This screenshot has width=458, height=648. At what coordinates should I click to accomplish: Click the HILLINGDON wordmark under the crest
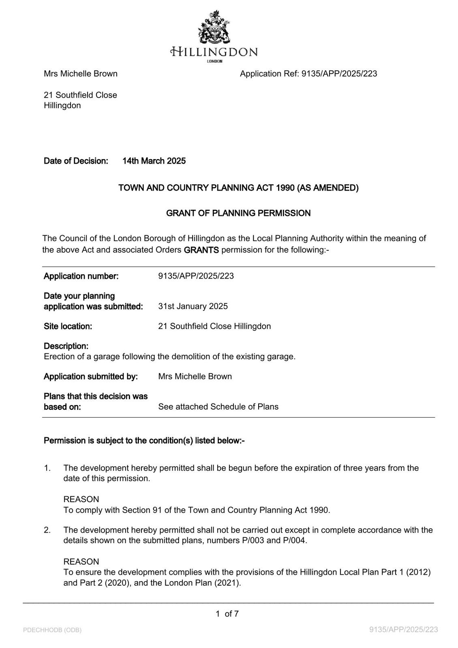(214, 52)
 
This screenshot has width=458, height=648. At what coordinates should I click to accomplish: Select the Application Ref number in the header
(339, 74)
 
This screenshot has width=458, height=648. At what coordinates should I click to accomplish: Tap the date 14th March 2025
(154, 161)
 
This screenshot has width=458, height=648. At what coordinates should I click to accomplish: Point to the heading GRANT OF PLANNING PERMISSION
(238, 213)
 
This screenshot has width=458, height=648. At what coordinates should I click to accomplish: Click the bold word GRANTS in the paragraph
(201, 250)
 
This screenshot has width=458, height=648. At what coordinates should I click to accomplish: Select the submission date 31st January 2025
(193, 306)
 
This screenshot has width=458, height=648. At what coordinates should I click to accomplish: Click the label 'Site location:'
(68, 326)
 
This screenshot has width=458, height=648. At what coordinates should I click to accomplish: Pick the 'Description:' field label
(66, 346)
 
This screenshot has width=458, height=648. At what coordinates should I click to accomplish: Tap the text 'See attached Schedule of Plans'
(218, 407)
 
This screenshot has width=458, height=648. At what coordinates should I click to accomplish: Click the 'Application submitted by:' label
(91, 377)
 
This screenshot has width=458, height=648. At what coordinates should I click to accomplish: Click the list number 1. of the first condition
(47, 468)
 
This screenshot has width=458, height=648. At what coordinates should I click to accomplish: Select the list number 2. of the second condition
(47, 530)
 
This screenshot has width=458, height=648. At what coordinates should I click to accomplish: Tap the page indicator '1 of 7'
(227, 614)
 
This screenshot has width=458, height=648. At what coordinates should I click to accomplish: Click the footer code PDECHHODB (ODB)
(52, 630)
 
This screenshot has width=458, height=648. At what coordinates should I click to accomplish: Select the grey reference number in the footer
(404, 630)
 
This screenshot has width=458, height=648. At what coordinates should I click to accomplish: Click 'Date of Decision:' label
(76, 161)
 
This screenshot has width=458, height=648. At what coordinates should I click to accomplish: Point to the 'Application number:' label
(81, 276)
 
